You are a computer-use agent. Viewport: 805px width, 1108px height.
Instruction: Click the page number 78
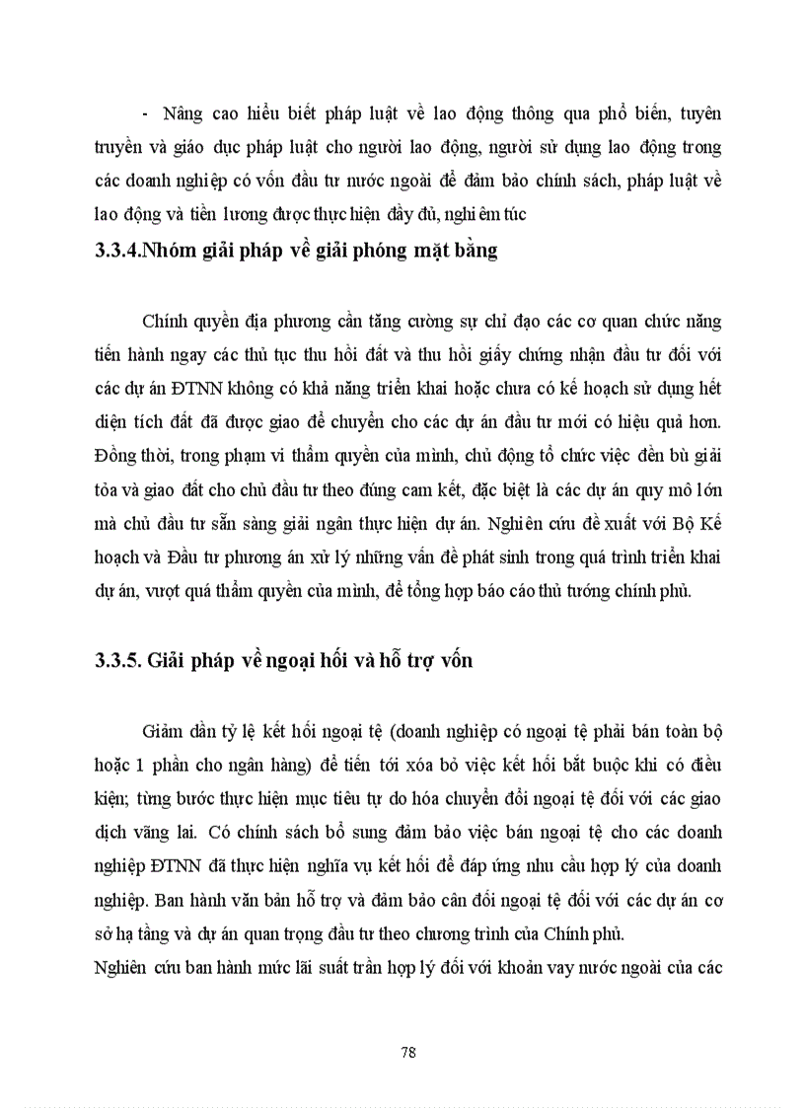pyautogui.click(x=408, y=1052)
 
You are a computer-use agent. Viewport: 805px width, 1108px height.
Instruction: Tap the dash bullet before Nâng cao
pyautogui.click(x=145, y=114)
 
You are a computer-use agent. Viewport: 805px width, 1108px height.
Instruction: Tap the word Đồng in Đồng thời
pyautogui.click(x=105, y=457)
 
